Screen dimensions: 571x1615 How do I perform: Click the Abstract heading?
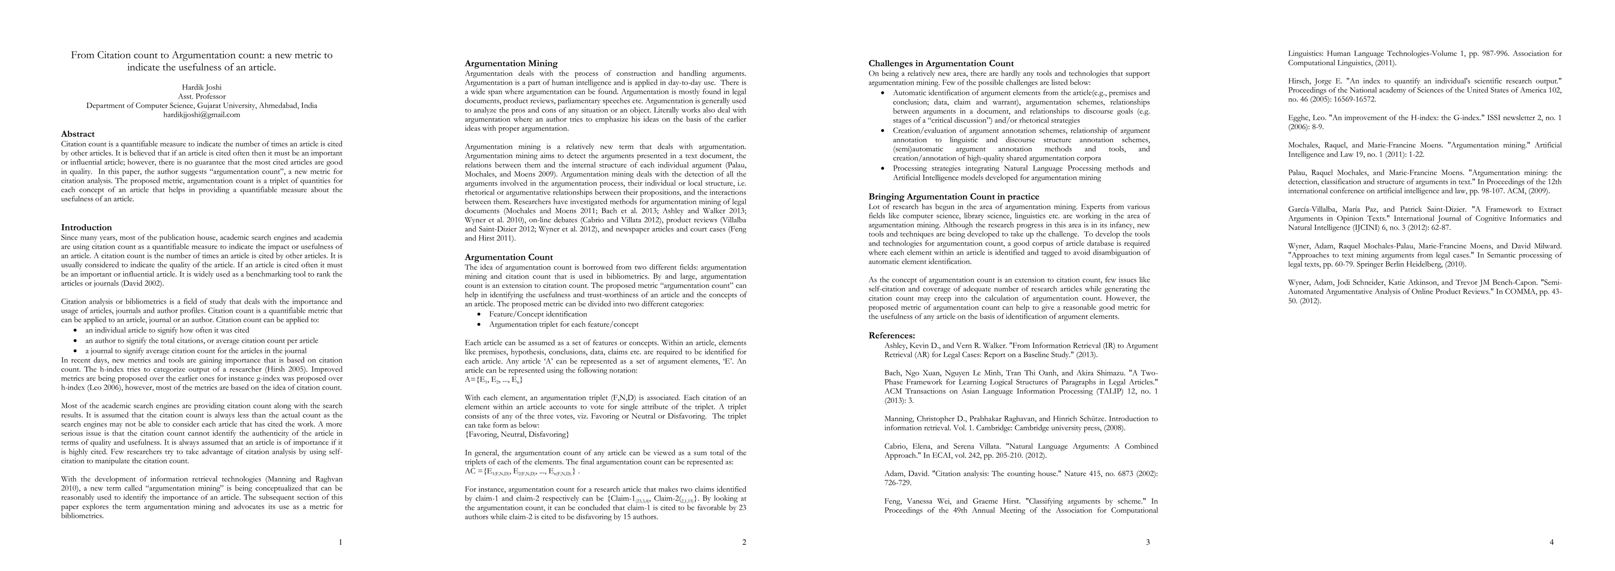coord(78,134)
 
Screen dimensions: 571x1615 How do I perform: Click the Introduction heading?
coord(87,227)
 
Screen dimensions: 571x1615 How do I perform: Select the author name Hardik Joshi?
coord(201,87)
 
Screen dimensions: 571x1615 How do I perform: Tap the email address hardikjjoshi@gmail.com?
coord(201,115)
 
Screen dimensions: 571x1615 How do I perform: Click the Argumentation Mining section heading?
coord(511,63)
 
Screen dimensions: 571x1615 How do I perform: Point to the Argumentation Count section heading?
coord(508,257)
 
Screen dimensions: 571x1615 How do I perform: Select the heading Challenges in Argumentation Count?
coord(940,63)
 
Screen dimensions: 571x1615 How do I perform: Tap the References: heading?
coord(891,335)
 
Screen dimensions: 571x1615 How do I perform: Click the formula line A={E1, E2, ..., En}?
coord(494,380)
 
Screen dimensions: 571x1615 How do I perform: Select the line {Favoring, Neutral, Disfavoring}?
coord(517,434)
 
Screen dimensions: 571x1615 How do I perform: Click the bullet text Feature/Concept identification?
coord(538,314)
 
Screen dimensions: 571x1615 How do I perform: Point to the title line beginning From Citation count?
coord(201,55)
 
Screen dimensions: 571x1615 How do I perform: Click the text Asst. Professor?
coord(201,97)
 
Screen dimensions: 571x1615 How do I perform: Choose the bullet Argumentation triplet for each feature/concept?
coord(564,325)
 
